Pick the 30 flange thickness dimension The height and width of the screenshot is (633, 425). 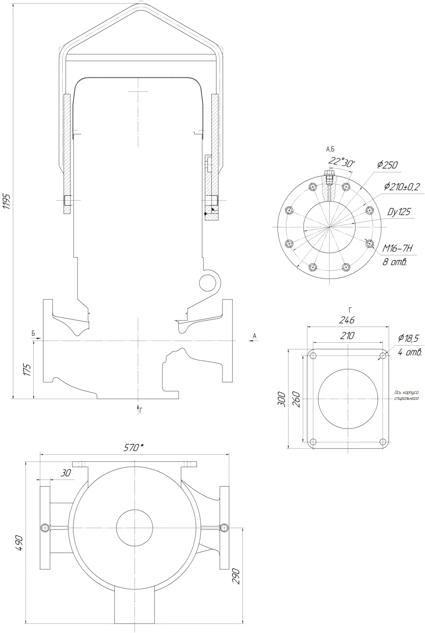coord(66,473)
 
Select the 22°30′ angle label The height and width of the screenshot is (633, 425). coord(342,162)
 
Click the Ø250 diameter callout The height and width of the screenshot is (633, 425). coord(387,165)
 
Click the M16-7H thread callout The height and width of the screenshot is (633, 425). coord(397,248)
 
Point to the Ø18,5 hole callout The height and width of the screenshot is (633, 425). coord(408,338)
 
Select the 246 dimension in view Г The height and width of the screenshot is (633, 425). coord(347,320)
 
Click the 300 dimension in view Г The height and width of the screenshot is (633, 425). coord(282,399)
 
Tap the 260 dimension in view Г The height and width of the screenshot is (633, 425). coord(296,399)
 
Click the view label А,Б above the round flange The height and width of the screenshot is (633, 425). coord(330,149)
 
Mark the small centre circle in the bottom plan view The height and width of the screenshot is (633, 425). coord(134,527)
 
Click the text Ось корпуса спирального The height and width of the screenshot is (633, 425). coord(406,395)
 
